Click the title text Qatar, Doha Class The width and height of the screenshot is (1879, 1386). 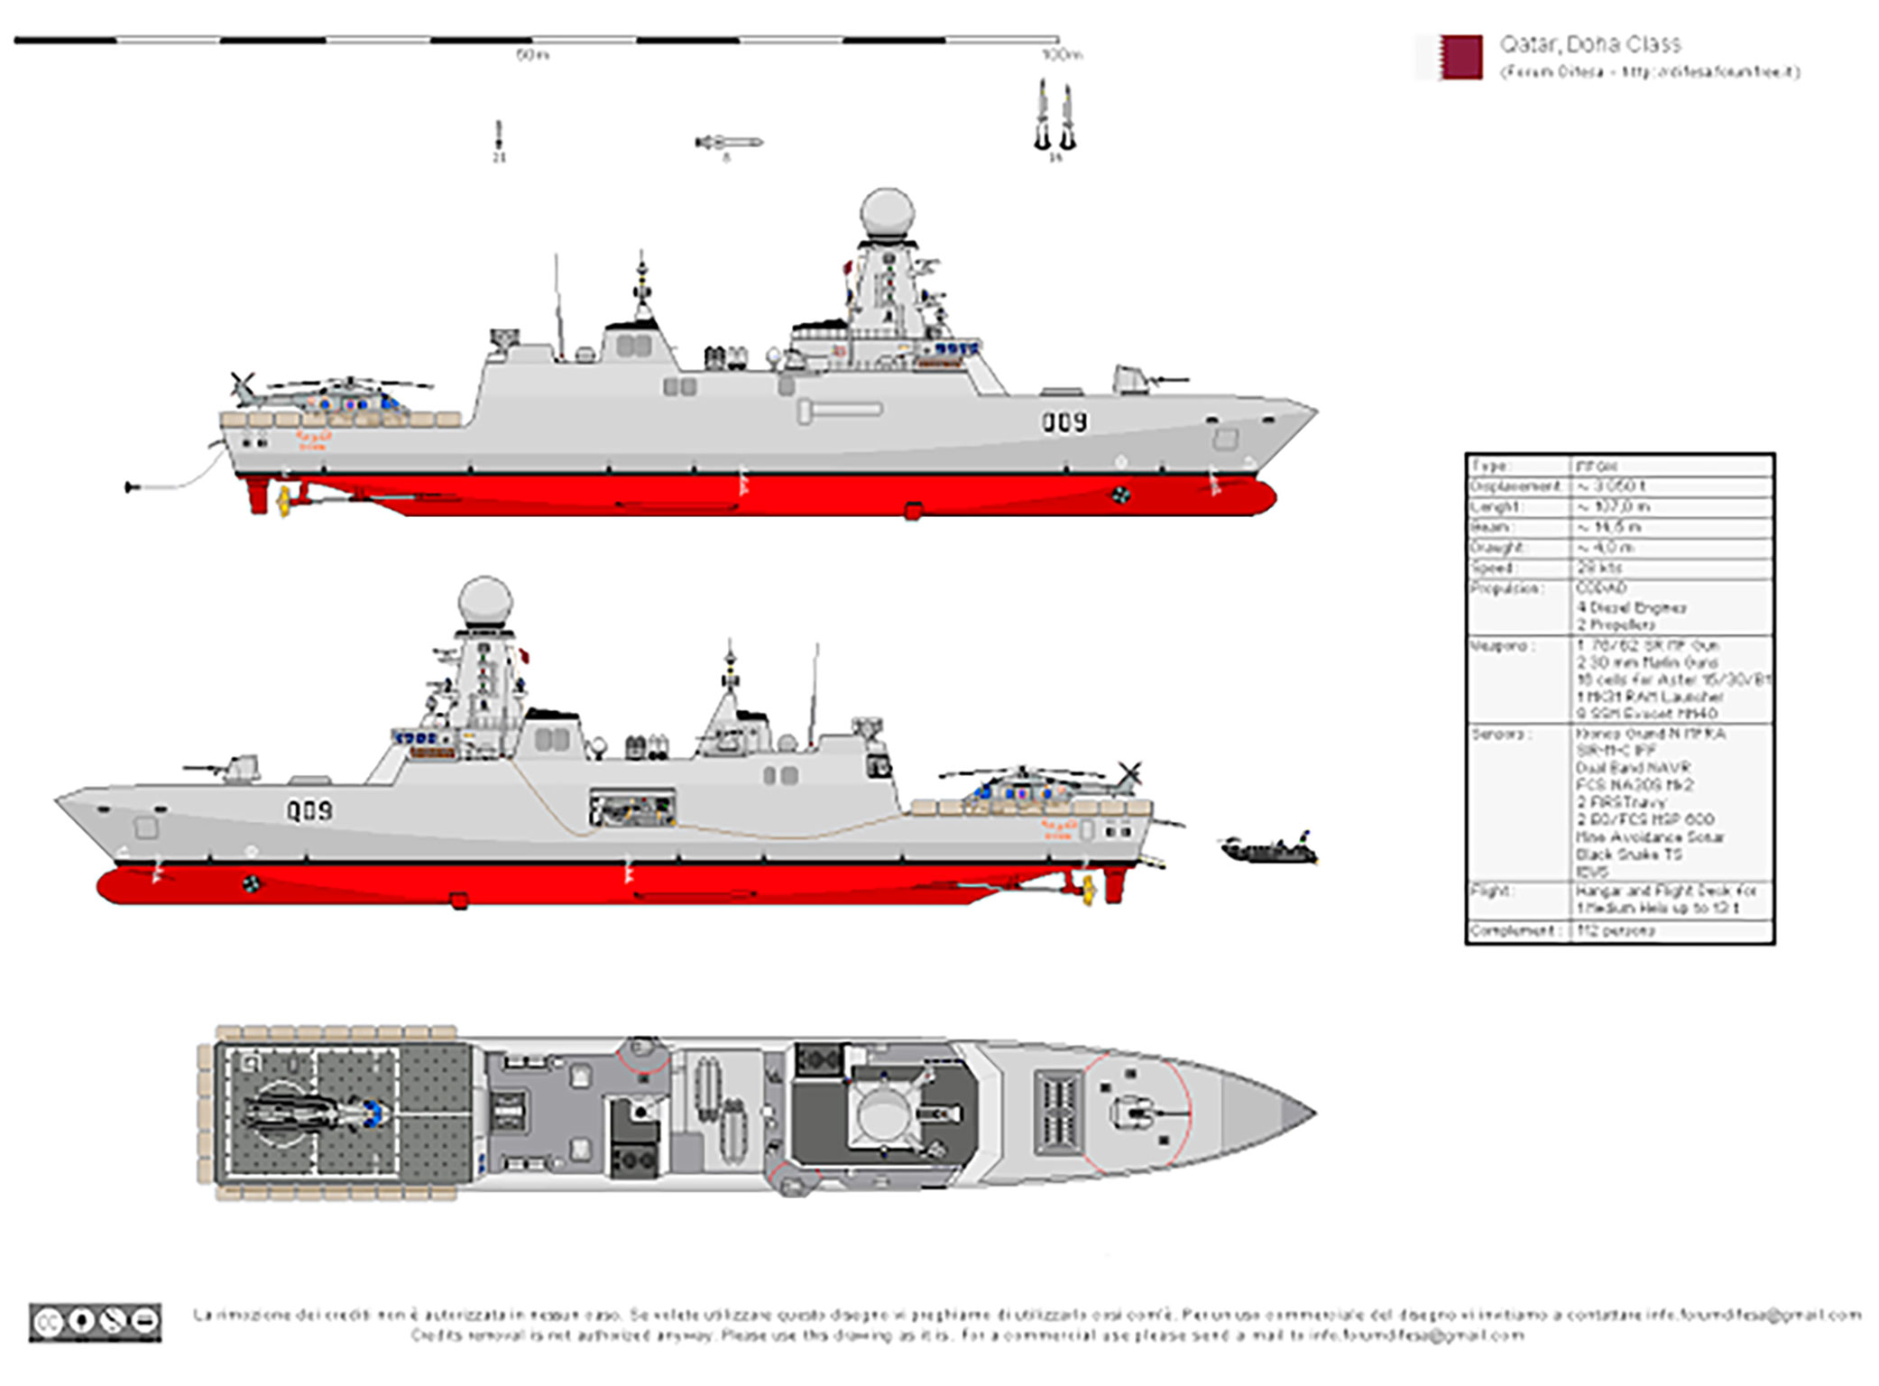(x=1589, y=44)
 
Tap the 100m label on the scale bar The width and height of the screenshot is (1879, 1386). (x=1061, y=56)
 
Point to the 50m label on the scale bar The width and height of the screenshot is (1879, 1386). (x=532, y=56)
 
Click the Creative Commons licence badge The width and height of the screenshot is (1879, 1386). (x=96, y=1322)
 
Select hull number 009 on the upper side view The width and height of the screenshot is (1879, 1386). (x=1064, y=421)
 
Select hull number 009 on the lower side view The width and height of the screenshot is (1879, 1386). (x=309, y=810)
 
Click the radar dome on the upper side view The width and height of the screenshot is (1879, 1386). (x=887, y=213)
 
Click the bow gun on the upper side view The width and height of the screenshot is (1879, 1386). (x=1138, y=380)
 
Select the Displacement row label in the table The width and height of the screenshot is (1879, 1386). (x=1515, y=486)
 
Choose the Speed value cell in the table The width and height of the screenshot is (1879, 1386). (x=1672, y=568)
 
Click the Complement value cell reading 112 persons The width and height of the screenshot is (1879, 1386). (x=1672, y=930)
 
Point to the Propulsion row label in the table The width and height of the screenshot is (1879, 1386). (x=1506, y=588)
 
